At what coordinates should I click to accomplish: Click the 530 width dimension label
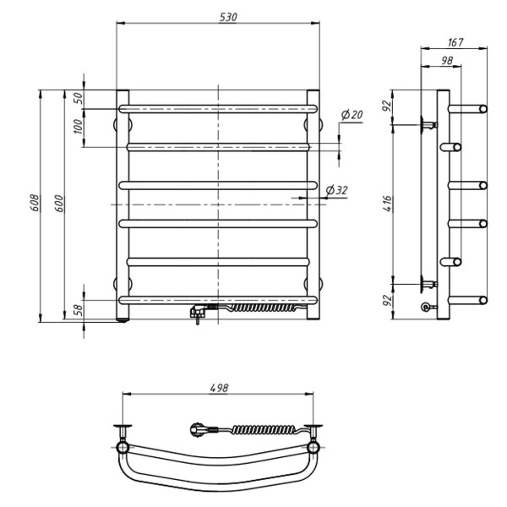tap(228, 17)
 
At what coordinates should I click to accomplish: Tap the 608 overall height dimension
tap(35, 203)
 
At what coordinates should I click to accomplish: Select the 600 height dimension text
tap(59, 204)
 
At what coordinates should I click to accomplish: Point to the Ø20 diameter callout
tap(352, 114)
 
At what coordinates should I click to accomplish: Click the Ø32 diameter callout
tap(337, 190)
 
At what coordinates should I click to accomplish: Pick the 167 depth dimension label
tap(455, 42)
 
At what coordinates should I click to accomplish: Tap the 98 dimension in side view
tap(446, 60)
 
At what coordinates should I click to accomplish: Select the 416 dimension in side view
tap(387, 204)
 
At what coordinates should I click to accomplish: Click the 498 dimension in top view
tap(219, 388)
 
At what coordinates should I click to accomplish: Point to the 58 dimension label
tap(79, 310)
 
